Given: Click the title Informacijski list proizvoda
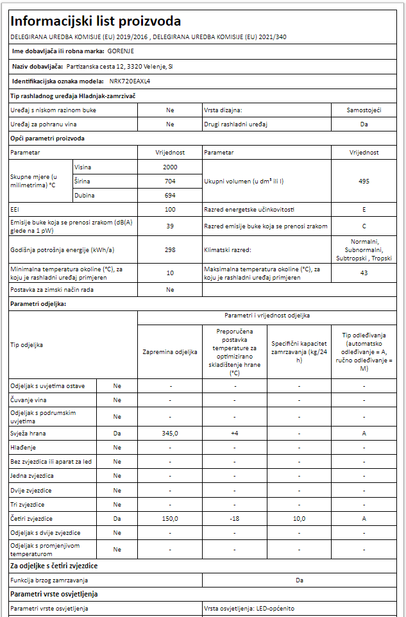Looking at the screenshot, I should pos(96,21).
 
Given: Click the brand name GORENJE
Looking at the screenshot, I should pos(121,51).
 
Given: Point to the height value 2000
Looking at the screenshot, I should pos(170,167).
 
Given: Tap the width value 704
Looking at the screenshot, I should pos(170,181).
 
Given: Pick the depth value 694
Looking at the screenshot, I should pos(170,195).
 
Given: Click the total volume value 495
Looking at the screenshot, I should pos(364,181).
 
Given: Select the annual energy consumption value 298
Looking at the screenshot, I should pos(170,249).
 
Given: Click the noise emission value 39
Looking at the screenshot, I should pos(170,226).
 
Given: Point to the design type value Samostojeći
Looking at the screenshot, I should pos(364,110).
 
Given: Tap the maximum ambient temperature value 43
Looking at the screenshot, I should pos(364,273).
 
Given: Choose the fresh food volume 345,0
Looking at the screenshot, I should pos(170,434).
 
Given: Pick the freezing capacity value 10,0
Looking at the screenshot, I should pos(299,518).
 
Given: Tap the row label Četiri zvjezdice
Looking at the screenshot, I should pos(31,518).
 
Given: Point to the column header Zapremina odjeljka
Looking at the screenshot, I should pos(170,351).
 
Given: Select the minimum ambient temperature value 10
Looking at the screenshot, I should pos(170,273).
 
